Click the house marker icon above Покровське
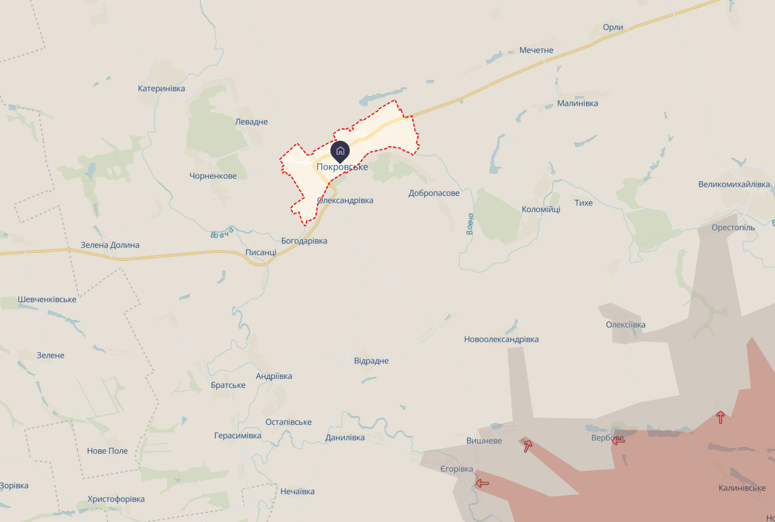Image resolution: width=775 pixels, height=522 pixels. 340,150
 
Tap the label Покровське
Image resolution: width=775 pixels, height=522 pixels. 342,167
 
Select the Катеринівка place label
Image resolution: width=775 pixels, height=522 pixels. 161,88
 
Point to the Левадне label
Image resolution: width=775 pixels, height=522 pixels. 251,121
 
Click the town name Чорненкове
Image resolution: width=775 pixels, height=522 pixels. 213,176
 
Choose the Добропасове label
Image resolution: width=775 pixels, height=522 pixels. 434,193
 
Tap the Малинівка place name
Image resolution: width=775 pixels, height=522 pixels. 577,103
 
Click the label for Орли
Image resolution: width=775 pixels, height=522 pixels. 613,27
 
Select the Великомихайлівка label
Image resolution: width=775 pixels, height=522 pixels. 734,184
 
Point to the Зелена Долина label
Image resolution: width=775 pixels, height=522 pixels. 110,245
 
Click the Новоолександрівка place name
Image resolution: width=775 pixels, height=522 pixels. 501,340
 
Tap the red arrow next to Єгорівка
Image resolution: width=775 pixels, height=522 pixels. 482,483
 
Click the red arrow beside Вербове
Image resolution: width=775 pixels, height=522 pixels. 618,440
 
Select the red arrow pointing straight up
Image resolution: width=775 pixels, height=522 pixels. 720,417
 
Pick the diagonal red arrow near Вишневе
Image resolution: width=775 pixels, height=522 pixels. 528,446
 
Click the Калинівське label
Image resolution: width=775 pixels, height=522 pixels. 742,488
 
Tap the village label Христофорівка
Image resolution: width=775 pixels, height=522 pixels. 116,499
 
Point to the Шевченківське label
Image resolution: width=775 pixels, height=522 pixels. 47,300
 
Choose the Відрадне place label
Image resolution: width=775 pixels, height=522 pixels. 371,361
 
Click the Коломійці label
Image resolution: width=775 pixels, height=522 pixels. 541,209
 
